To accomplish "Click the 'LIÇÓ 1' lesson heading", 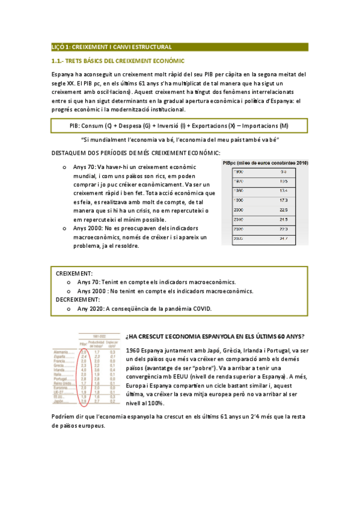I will (63, 46).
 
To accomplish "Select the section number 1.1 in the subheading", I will (59, 61).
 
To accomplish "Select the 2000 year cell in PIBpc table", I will (238, 209).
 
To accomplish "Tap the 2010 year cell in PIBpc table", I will (238, 219).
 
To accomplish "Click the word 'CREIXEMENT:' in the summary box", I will (74, 273).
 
